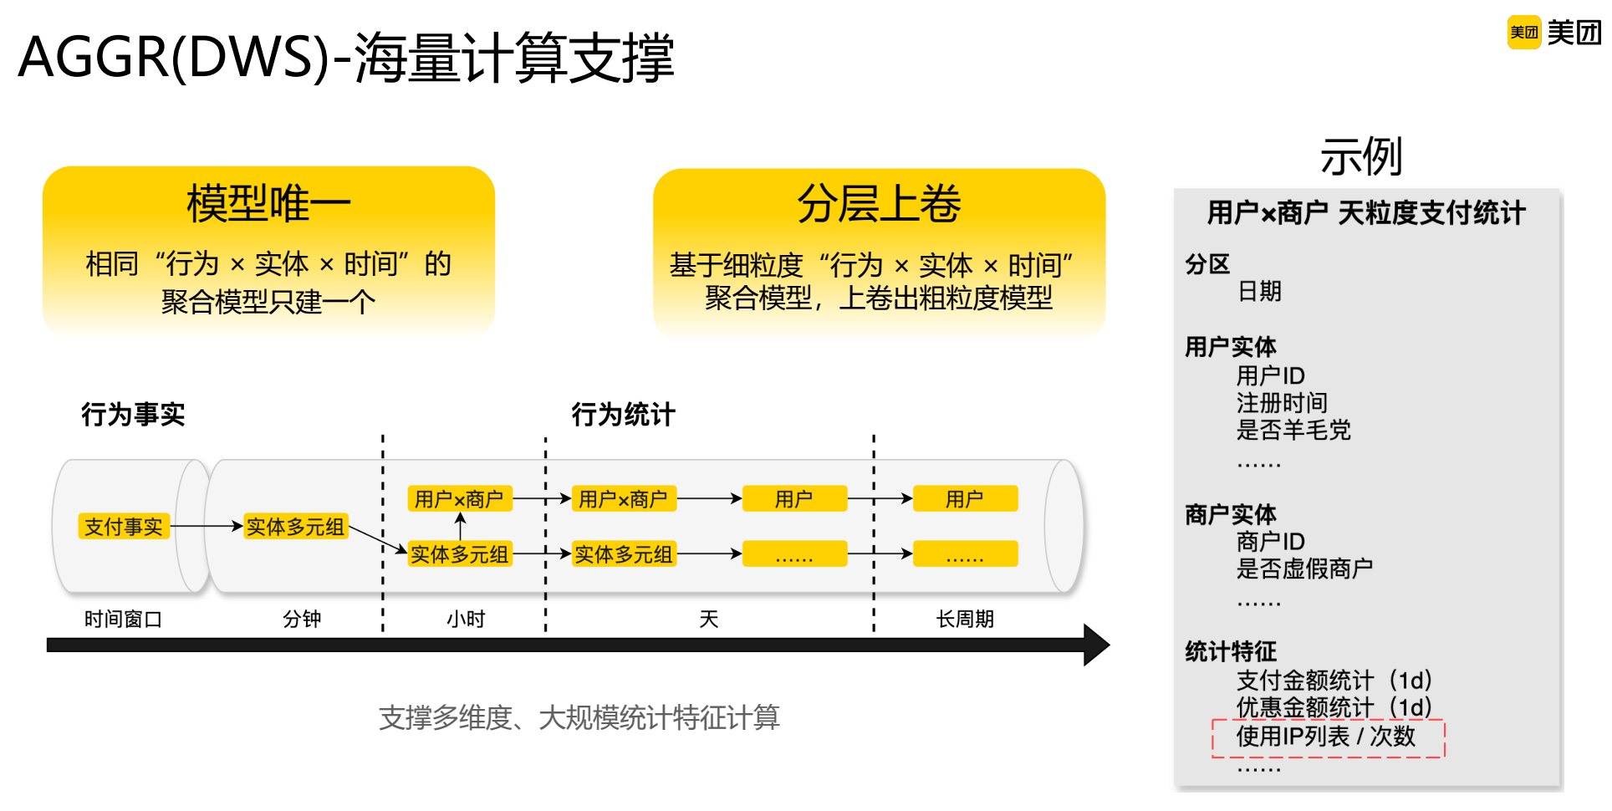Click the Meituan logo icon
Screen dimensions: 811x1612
(1523, 33)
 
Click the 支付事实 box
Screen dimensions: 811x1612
(124, 527)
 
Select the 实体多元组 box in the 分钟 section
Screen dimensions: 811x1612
(295, 527)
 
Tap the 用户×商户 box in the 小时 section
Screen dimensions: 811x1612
(459, 499)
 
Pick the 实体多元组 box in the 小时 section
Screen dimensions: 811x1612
(459, 554)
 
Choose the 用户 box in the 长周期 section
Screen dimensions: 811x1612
(965, 499)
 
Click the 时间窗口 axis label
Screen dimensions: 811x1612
(123, 620)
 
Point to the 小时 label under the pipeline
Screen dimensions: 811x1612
(466, 620)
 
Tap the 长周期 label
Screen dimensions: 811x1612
(965, 620)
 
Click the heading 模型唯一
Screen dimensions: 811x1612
(268, 204)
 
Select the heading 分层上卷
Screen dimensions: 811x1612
(879, 204)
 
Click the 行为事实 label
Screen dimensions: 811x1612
(133, 415)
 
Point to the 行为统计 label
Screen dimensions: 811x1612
(623, 415)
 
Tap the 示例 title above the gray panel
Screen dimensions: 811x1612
(1361, 156)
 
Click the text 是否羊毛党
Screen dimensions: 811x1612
(1293, 431)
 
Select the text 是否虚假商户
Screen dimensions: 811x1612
(1304, 569)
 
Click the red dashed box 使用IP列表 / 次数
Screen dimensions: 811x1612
(1328, 737)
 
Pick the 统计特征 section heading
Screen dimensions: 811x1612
(1231, 651)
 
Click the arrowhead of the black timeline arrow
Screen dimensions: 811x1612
(1097, 645)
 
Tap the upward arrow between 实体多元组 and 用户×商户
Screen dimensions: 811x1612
(460, 526)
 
